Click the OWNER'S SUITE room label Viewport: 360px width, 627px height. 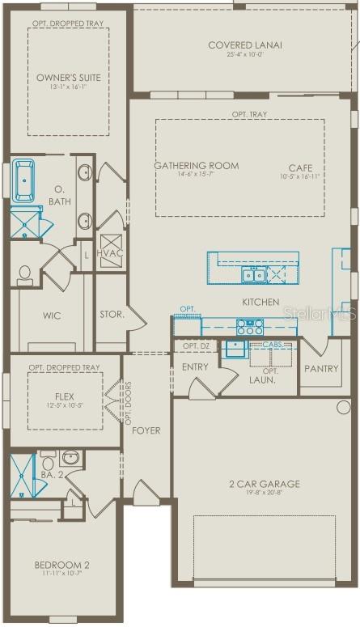tap(69, 78)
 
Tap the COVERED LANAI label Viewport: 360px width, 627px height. tap(244, 45)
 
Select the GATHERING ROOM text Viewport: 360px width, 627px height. tap(197, 165)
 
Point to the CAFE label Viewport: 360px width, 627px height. tap(300, 167)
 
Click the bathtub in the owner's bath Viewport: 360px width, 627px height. tap(25, 179)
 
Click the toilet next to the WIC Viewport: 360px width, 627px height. tap(24, 275)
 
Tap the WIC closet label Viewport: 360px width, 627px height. tap(51, 316)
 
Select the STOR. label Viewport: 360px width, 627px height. tap(111, 314)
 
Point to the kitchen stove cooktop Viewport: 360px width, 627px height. tap(249, 327)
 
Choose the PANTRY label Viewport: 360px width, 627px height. tap(320, 369)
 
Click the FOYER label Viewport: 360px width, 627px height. tap(146, 430)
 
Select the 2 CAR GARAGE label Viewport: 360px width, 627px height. tap(263, 484)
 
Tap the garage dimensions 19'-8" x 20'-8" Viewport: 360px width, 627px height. tap(263, 494)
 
